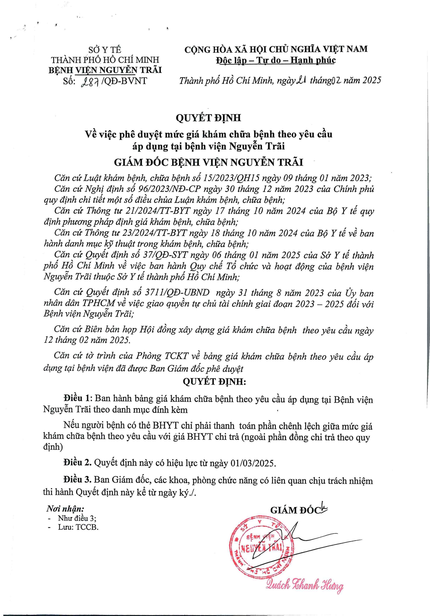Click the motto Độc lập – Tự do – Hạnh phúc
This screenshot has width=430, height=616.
pos(276,60)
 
